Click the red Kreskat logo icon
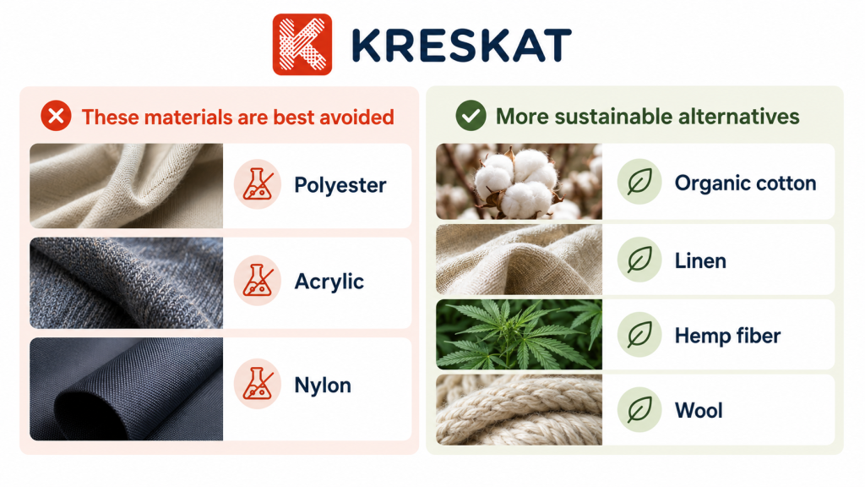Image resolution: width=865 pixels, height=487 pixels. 302,44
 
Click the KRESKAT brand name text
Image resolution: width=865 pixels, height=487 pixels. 461,46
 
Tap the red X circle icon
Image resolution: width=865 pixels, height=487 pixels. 56,116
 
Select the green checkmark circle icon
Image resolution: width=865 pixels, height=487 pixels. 471,116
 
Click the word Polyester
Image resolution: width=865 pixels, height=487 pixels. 340,185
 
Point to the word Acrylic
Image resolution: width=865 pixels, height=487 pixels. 329,282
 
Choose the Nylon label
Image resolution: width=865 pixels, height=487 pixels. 323,385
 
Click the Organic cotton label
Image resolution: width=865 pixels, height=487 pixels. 745,183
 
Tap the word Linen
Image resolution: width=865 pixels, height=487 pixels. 700,260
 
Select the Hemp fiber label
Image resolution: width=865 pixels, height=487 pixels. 727,335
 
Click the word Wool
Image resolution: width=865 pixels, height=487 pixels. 699,410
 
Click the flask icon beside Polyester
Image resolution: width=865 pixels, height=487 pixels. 258,183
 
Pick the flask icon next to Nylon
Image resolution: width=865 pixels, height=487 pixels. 258,384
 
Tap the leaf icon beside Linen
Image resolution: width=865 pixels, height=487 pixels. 639,260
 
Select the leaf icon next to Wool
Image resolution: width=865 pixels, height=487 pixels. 639,410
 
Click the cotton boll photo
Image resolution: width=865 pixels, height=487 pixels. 519,182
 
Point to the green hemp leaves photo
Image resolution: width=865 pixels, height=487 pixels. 519,335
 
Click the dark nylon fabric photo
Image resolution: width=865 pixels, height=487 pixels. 127,389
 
